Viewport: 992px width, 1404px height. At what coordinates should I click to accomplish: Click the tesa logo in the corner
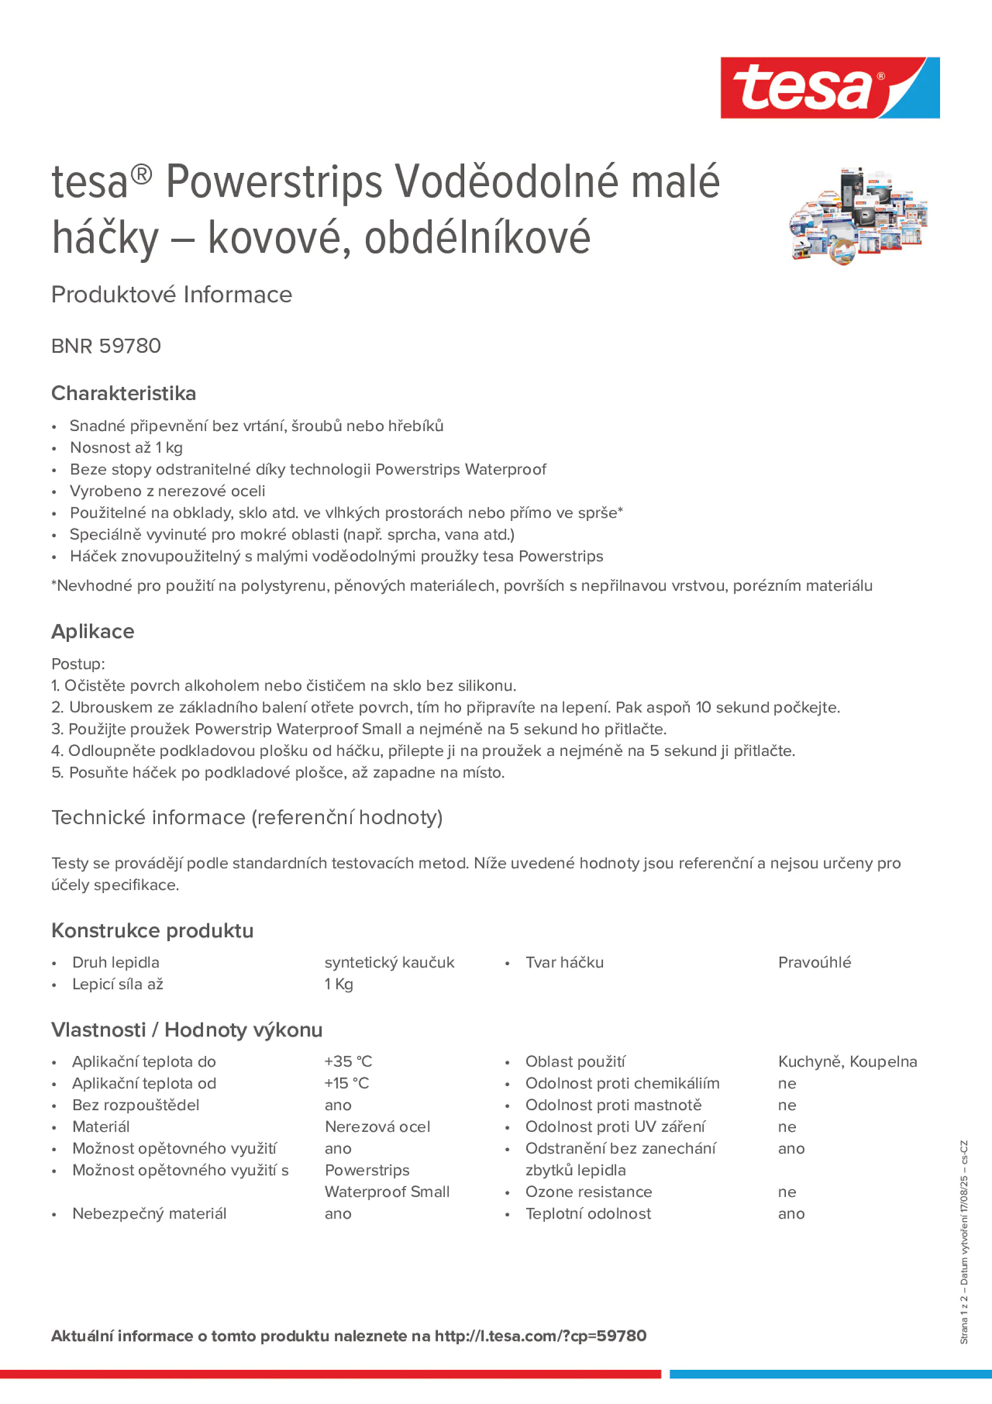[x=830, y=87]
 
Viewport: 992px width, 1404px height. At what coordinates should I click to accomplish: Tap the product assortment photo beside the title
[x=858, y=216]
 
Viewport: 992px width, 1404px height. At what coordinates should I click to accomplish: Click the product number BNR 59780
[x=106, y=346]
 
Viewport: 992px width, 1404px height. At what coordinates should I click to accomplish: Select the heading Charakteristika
[x=124, y=393]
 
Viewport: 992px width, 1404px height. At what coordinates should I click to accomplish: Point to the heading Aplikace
[x=93, y=631]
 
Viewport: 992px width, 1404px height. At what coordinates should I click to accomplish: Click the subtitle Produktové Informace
[x=171, y=295]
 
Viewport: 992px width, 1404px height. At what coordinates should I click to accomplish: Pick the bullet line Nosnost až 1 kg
[x=126, y=448]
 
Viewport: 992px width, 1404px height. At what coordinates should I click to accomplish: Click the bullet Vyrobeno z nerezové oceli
[x=167, y=491]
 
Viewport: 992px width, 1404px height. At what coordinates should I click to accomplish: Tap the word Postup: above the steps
[x=78, y=664]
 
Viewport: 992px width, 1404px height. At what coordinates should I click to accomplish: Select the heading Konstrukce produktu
[x=152, y=931]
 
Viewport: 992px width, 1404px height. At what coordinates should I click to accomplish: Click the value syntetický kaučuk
[x=389, y=962]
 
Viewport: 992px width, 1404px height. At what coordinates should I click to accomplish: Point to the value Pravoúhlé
[x=814, y=962]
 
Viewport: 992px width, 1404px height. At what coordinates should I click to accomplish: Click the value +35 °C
[x=348, y=1062]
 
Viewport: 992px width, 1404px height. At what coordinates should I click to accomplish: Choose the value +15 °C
[x=347, y=1083]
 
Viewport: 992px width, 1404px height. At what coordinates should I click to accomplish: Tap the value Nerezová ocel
[x=377, y=1127]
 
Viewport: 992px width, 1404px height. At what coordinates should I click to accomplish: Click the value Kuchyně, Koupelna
[x=847, y=1062]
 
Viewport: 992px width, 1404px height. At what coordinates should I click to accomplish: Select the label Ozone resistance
[x=588, y=1192]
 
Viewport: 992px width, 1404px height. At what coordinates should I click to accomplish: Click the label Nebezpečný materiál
[x=149, y=1214]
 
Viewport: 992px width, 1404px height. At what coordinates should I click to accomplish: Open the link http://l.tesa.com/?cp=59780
[x=540, y=1336]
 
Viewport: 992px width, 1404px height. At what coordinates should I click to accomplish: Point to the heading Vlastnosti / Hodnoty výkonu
[x=187, y=1030]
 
